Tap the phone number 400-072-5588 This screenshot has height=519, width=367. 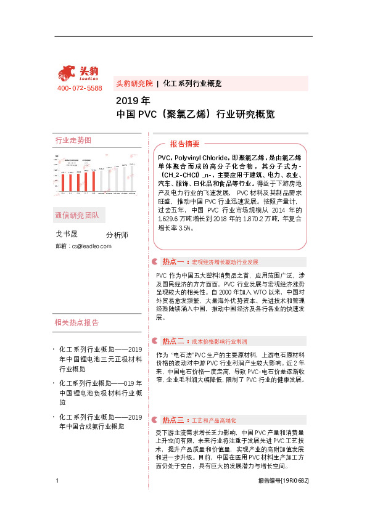(80, 89)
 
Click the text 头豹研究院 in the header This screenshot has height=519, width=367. (134, 83)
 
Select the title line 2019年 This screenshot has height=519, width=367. (133, 100)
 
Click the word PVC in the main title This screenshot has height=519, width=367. (149, 114)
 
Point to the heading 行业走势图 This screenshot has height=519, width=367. (73, 141)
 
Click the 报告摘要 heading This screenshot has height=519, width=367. (184, 144)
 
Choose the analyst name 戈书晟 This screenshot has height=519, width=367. (67, 234)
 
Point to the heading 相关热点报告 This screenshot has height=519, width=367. (76, 322)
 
